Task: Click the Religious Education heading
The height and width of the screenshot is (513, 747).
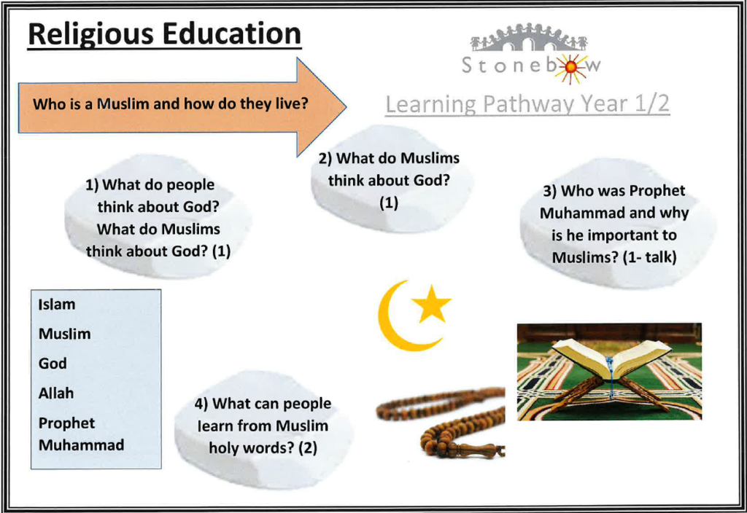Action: coord(164,35)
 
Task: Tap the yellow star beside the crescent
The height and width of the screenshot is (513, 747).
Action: coord(431,304)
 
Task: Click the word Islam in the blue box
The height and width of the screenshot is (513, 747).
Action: coord(57,305)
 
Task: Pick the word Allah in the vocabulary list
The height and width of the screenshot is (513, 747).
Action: coord(56,393)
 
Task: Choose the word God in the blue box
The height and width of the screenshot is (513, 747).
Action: coord(53,364)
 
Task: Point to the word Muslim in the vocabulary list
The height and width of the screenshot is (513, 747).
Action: coord(64,334)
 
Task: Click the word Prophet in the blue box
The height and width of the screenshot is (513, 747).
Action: coord(66,423)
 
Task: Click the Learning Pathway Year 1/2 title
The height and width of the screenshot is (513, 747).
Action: coord(527,103)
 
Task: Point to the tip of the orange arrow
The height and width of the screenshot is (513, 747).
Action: coord(346,106)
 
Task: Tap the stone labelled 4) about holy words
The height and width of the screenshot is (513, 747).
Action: coord(263,430)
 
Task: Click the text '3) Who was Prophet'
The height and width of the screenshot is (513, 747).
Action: coord(614,191)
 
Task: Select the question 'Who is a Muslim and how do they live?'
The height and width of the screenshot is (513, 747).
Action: coord(171,103)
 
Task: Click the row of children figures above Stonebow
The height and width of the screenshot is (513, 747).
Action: coord(529,37)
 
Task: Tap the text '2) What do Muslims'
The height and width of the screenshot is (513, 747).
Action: coord(389,158)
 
